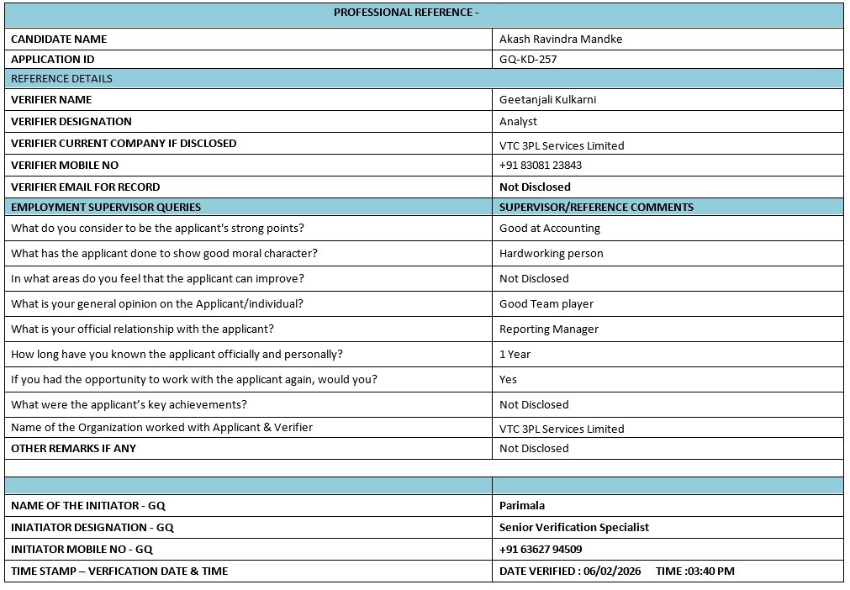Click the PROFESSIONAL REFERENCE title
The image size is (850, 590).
pos(406,13)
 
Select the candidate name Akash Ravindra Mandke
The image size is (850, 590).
pos(561,39)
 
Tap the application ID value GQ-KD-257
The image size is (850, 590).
pos(528,60)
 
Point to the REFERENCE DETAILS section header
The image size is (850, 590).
pos(61,78)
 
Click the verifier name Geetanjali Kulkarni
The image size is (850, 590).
pos(547,99)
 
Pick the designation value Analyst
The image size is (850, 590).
pos(518,121)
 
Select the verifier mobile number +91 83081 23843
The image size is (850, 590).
pos(541,166)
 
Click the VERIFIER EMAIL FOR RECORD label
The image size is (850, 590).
pos(85,187)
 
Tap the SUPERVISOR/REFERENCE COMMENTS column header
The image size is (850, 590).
pos(596,207)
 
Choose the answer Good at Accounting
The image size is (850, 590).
pos(550,228)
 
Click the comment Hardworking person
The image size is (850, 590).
pos(551,253)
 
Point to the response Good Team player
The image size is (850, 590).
pos(546,303)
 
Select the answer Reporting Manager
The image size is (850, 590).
pos(549,329)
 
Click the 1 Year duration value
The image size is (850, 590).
pos(515,354)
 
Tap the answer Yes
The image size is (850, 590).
pos(508,379)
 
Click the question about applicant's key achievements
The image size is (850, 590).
pos(129,404)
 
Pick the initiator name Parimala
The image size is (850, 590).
pos(522,505)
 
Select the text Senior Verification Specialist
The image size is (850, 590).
pos(574,527)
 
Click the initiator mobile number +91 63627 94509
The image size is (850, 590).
pos(541,549)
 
